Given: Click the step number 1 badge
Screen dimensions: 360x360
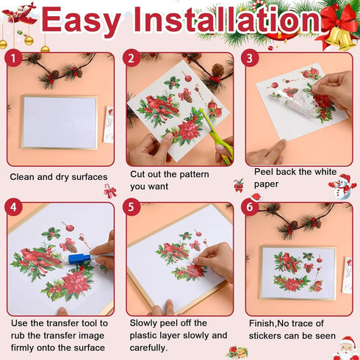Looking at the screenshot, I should point(13,59).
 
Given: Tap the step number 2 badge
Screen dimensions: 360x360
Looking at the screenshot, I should point(132,59).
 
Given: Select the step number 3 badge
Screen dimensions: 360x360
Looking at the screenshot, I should point(251,59).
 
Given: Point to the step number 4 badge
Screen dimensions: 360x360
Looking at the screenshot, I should point(13,209).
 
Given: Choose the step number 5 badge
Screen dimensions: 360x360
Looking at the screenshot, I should point(132,209).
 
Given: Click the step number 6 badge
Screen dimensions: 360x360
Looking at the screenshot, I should point(251,209).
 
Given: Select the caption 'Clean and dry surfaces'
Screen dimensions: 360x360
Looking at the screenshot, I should point(59,177).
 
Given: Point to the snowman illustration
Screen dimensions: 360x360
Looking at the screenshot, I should point(342,187).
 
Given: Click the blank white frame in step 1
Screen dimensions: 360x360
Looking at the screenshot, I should point(59,121).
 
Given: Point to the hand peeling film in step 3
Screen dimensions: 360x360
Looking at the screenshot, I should point(335,89).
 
